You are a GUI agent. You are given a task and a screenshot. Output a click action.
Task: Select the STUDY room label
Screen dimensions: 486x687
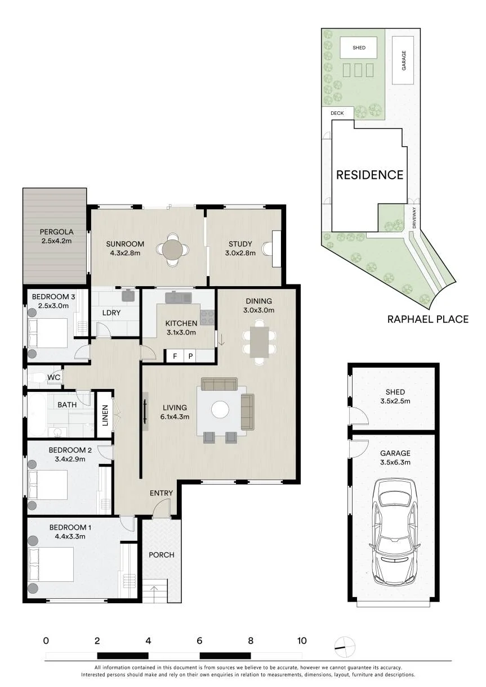240,244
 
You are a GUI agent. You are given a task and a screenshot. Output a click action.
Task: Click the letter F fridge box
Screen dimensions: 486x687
175,356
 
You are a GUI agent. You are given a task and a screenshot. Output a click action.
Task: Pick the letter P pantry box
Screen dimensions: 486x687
190,356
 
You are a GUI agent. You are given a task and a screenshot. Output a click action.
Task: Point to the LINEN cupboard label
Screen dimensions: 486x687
105,415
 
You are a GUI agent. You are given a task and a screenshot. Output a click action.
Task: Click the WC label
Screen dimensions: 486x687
53,377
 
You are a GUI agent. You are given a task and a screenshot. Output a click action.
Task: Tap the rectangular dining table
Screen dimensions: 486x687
259,342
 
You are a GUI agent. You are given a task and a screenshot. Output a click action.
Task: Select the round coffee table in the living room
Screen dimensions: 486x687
220,409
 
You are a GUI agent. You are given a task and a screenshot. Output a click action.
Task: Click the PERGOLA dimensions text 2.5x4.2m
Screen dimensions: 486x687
56,241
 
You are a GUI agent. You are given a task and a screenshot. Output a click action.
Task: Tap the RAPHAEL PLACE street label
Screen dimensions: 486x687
427,319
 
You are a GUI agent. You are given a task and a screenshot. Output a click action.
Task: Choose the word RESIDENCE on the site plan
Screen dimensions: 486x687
369,175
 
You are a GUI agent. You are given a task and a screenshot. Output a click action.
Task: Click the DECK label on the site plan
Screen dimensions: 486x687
337,113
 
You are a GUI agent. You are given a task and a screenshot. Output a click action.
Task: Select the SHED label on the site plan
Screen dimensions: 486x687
359,48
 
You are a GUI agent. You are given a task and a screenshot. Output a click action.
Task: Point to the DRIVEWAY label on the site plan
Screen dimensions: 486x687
414,218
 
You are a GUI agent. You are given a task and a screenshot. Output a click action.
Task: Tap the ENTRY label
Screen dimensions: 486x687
161,493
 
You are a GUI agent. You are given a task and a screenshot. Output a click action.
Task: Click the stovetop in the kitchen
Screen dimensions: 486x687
207,318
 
